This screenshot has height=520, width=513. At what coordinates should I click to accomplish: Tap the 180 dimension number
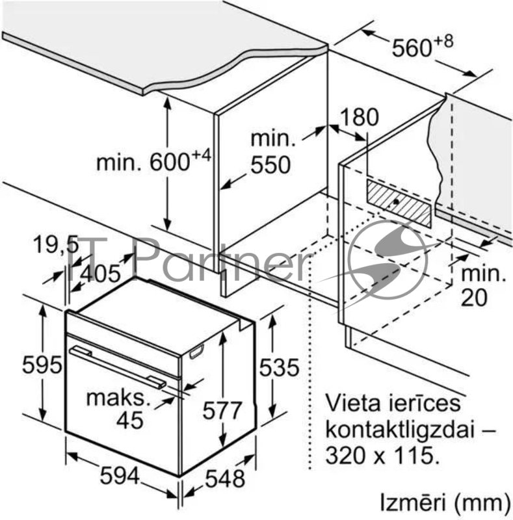(x=360, y=117)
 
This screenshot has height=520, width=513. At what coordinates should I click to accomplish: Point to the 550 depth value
(x=270, y=164)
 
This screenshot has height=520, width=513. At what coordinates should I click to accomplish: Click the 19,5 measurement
(x=56, y=244)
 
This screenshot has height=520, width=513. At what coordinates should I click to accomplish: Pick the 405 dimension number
(x=100, y=274)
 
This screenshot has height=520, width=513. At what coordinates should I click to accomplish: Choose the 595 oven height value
(x=42, y=365)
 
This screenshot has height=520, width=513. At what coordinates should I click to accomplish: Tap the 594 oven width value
(x=120, y=476)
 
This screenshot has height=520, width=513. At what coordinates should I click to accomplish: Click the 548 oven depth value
(x=226, y=479)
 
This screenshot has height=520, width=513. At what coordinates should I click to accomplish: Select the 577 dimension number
(x=222, y=410)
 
